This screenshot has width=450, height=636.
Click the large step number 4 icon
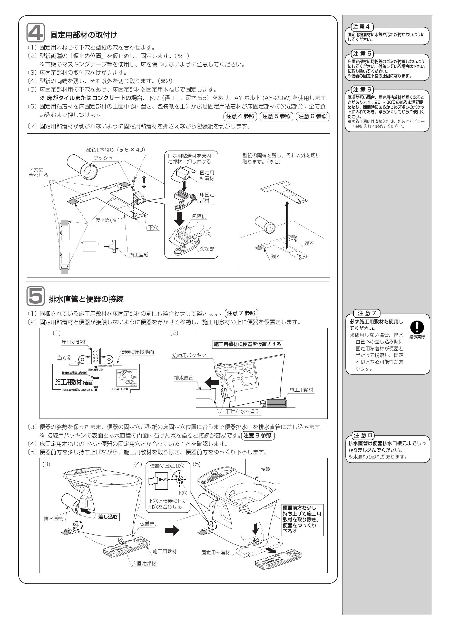35,33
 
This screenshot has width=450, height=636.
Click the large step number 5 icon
35,296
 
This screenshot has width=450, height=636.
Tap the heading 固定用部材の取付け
84,35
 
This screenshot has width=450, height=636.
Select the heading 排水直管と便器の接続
86,299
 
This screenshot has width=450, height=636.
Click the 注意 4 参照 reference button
240,116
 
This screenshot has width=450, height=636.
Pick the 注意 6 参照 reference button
312,116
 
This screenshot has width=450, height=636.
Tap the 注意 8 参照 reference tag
258,435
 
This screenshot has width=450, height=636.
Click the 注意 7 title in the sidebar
367,313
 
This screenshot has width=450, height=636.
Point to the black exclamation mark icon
417,327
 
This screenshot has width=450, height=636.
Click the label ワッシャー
105,158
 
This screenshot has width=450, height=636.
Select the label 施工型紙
139,255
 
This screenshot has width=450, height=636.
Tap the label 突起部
207,249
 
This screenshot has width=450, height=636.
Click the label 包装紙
199,216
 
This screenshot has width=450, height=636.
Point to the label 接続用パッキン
189,355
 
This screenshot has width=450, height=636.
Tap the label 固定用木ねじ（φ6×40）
115,150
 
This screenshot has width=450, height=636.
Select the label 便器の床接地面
137,352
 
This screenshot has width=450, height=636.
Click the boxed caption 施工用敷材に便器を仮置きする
247,344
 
